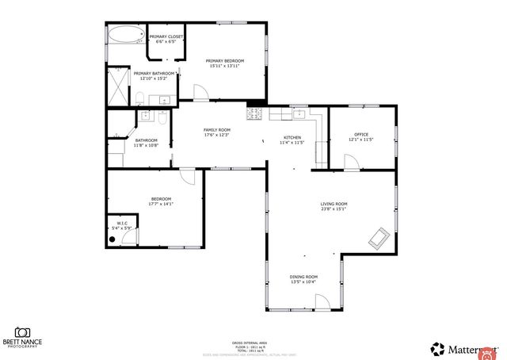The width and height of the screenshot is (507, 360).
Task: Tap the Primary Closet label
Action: click(166, 36)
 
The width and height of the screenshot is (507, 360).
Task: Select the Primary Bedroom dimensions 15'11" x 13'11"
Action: click(224, 67)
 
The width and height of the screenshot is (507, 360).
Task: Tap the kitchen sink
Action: click(300, 114)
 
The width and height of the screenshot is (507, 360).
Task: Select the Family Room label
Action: click(216, 130)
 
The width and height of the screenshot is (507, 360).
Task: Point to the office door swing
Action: click(350, 162)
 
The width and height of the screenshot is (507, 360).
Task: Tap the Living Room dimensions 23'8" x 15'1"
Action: click(334, 210)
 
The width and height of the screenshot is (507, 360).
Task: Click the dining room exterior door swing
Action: click(322, 302)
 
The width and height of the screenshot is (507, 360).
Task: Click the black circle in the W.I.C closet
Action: click(112, 237)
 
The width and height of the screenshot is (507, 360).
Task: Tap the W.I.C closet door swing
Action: click(130, 236)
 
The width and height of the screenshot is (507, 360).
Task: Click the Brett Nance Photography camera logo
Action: click(22, 331)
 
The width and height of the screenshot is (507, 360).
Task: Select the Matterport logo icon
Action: click(437, 348)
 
